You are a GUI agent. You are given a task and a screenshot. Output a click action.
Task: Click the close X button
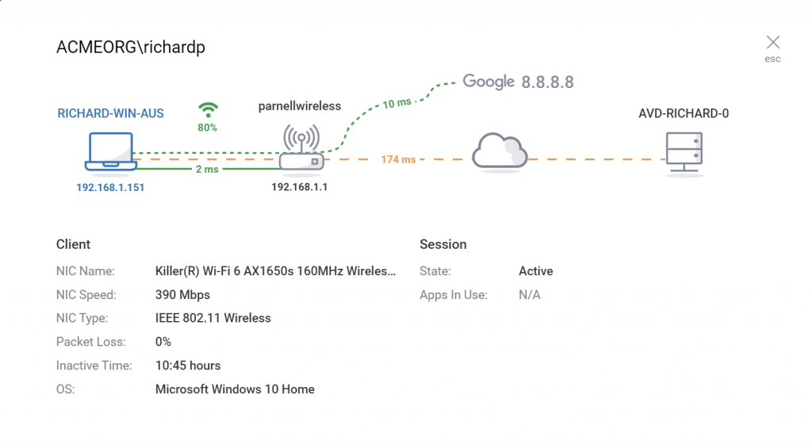(x=772, y=42)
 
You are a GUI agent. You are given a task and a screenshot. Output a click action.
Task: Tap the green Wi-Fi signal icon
(x=208, y=109)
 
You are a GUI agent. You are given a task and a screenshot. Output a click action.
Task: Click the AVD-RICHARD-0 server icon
(x=684, y=151)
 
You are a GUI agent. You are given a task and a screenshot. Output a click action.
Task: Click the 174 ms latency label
(x=398, y=159)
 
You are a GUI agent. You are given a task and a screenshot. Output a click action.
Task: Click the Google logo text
(x=488, y=82)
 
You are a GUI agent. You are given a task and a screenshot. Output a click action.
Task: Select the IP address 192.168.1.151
(x=110, y=188)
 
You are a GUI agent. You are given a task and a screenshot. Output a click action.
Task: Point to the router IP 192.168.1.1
(x=299, y=187)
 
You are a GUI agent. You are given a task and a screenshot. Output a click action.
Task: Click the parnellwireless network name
(x=300, y=105)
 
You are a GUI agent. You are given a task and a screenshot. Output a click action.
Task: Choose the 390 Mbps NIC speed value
(x=182, y=295)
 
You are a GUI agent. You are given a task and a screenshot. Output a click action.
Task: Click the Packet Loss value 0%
(x=163, y=342)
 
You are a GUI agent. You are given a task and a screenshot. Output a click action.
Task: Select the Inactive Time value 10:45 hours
(x=188, y=366)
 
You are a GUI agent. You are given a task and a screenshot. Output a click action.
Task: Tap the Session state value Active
(x=535, y=271)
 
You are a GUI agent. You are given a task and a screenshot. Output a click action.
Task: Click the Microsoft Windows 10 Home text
(x=235, y=389)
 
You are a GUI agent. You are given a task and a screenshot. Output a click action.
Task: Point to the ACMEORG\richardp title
(x=131, y=48)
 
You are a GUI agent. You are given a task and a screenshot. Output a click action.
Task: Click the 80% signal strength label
(x=208, y=127)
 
